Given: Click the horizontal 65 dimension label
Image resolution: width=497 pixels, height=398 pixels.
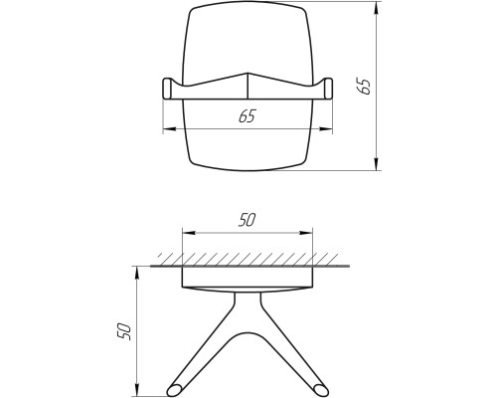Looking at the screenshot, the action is click(x=248, y=115).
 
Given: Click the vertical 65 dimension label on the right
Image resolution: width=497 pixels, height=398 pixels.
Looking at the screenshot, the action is click(x=363, y=87).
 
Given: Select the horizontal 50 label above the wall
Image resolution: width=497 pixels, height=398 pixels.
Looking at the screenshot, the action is click(x=248, y=220).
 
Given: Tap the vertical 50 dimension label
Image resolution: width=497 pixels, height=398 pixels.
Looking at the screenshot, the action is click(x=125, y=330).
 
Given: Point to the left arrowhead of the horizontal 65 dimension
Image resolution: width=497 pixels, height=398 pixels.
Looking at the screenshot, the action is click(x=169, y=129).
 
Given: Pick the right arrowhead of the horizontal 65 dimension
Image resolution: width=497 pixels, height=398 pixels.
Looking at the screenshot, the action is click(x=326, y=129).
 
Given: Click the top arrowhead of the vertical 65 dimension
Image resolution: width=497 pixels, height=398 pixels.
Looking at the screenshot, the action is click(x=376, y=8).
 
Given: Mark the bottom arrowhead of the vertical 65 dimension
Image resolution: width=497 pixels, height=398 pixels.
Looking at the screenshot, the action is click(x=376, y=164).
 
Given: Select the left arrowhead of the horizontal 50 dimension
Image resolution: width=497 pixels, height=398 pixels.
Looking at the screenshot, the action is click(x=189, y=233).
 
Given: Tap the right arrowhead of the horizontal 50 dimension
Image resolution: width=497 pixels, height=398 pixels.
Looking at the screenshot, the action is click(x=306, y=233).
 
